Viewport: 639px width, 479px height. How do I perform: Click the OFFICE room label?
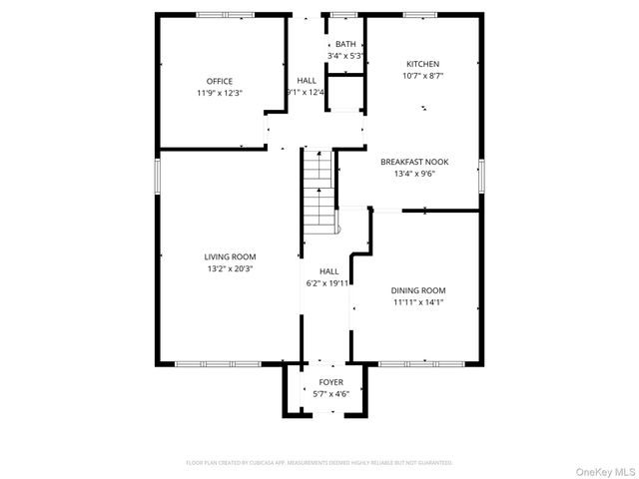(x=220, y=81)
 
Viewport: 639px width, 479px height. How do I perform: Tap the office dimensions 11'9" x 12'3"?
(x=220, y=92)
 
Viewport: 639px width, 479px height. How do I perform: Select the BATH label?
(x=345, y=44)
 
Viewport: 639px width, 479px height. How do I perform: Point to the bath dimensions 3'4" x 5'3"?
(x=345, y=55)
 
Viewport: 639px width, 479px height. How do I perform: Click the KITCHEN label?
(x=422, y=63)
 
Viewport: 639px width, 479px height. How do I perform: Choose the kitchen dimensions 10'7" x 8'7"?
(x=422, y=74)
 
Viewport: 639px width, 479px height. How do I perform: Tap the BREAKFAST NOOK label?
(x=414, y=162)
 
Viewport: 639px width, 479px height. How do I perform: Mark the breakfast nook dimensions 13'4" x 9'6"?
(x=414, y=173)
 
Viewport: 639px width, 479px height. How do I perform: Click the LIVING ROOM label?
(x=231, y=256)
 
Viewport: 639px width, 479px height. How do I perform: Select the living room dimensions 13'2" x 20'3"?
(x=231, y=267)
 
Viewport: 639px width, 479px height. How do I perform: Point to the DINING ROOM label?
(x=417, y=290)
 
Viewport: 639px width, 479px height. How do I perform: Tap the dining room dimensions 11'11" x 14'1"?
(x=417, y=301)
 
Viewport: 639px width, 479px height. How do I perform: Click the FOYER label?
(x=330, y=382)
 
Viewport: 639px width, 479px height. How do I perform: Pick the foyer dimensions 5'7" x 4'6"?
(x=330, y=393)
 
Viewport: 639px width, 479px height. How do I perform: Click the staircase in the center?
(x=317, y=190)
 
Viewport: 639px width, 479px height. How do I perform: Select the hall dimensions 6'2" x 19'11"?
(x=328, y=282)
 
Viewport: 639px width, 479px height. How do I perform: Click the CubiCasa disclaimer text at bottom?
(x=319, y=463)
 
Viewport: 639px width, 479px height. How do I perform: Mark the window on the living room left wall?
(x=156, y=178)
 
